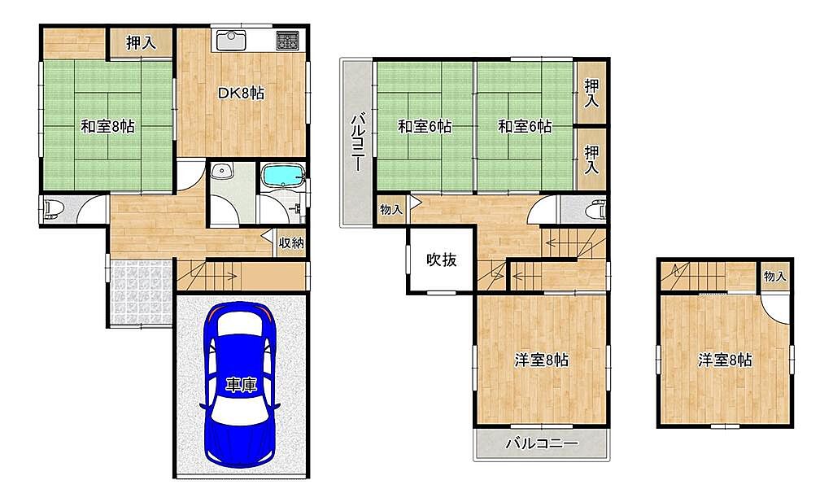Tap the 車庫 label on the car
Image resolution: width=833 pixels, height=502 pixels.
pyautogui.click(x=241, y=385)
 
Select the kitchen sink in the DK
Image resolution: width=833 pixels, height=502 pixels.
pyautogui.click(x=230, y=41)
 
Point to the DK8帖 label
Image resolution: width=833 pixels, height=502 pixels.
pyautogui.click(x=241, y=93)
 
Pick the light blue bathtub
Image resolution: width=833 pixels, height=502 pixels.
pyautogui.click(x=282, y=174)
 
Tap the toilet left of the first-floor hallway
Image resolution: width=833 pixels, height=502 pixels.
pyautogui.click(x=53, y=210)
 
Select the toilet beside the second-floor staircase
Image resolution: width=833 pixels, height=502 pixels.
pyautogui.click(x=596, y=210)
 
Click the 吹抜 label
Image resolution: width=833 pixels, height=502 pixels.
pyautogui.click(x=442, y=260)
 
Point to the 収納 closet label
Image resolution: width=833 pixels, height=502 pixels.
pyautogui.click(x=292, y=242)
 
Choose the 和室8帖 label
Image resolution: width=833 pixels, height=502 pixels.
pyautogui.click(x=108, y=126)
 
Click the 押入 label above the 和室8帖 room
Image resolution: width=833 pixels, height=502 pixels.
pyautogui.click(x=141, y=43)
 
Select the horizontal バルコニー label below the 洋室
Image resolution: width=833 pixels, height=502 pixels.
pyautogui.click(x=541, y=443)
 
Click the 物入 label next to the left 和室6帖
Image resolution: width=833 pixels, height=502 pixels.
pyautogui.click(x=391, y=210)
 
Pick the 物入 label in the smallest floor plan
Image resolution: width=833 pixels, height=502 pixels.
pyautogui.click(x=774, y=277)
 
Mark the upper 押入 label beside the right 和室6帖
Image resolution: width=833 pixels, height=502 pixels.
pyautogui.click(x=592, y=93)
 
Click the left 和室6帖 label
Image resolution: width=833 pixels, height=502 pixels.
pyautogui.click(x=425, y=126)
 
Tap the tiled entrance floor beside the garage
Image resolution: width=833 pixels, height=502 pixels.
pyautogui.click(x=142, y=291)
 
